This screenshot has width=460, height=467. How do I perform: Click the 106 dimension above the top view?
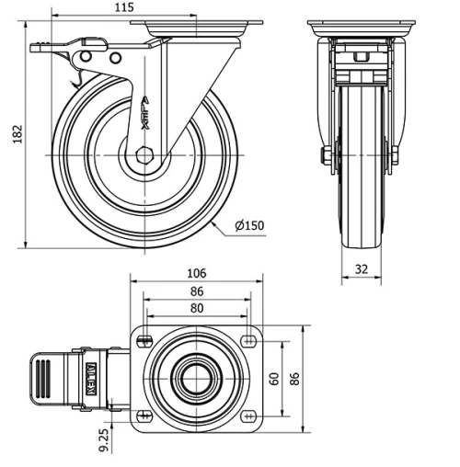pos(196,273)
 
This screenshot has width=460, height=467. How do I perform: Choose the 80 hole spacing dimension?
pos(196,309)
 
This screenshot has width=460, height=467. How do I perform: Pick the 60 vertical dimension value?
pos(273,378)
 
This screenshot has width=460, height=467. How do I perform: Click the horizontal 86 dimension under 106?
pos(196,291)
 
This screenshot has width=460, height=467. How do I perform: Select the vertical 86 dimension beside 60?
pos(294,378)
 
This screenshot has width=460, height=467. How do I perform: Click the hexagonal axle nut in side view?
pos(144,154)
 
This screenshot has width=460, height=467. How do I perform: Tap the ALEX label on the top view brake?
pos(91,378)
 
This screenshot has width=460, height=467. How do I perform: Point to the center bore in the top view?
pos(196,378)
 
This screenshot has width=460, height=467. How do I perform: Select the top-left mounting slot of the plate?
pos(145,342)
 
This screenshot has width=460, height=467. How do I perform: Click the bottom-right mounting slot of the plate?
pos(247,415)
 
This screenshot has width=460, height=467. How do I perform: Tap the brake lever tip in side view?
pos(37,48)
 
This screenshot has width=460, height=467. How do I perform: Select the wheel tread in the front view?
pos(359,221)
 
